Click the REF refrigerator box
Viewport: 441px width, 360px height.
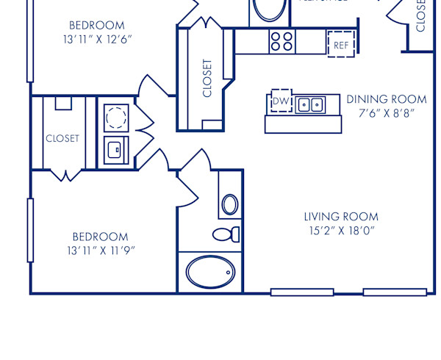coord(340,43)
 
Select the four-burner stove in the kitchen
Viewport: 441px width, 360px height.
coord(282,40)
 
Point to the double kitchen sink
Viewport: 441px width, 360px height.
coord(311,106)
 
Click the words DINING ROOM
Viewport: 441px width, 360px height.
coord(387,99)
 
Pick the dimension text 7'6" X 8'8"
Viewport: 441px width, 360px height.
coord(387,114)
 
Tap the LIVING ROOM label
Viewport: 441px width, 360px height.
coord(341,217)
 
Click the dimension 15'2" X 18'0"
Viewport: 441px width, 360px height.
coord(341,231)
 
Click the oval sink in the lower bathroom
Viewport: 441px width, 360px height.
coord(230,204)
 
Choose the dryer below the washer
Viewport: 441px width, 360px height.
coord(116,150)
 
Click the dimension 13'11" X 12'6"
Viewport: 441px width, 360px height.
coord(98,39)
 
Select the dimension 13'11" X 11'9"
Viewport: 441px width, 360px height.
coord(100,251)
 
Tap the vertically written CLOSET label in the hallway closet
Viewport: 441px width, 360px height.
coord(207,78)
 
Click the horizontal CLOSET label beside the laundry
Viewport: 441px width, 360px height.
coord(62,138)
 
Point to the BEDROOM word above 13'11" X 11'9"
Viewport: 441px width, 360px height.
coord(100,237)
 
